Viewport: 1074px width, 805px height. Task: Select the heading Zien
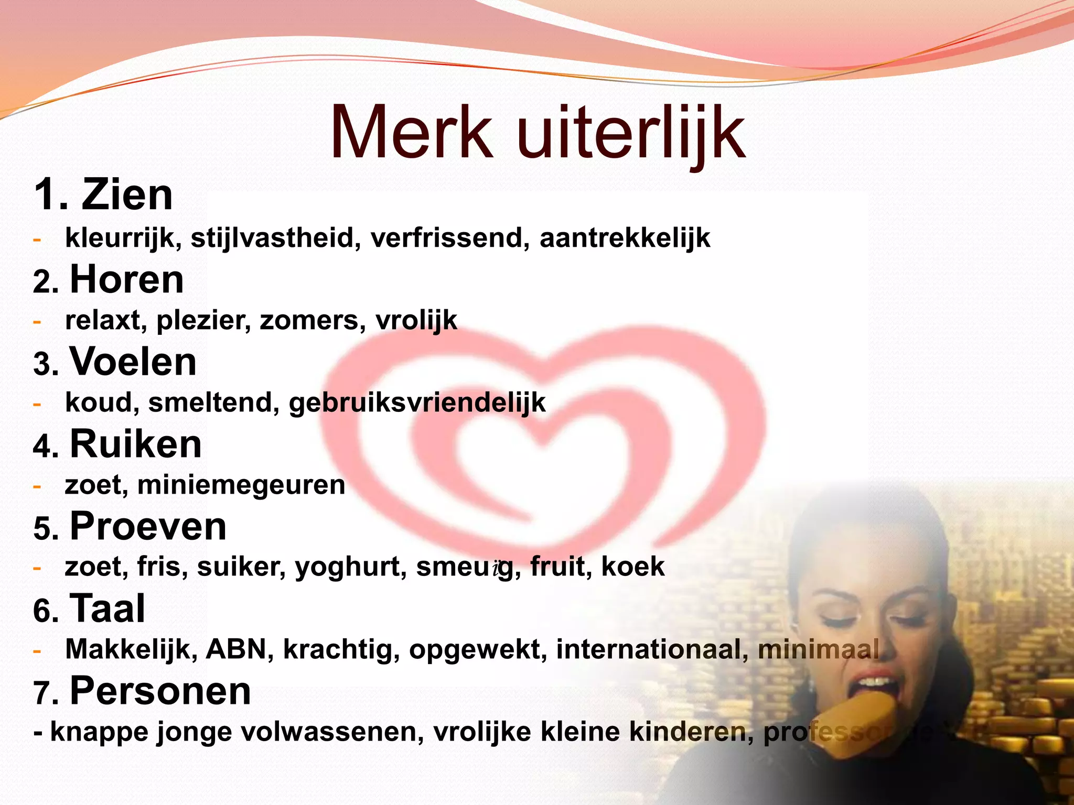(x=127, y=195)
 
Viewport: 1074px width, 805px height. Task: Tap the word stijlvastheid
(x=276, y=238)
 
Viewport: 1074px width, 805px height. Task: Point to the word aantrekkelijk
(x=625, y=238)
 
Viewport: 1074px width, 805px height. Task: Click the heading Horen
(x=126, y=279)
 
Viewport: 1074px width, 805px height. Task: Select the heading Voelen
(x=133, y=362)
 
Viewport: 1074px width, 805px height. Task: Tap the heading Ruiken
(x=135, y=444)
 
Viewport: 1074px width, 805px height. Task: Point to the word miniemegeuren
(x=241, y=485)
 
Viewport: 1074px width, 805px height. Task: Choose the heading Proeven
(x=148, y=526)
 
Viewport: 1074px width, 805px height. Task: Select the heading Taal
(x=107, y=608)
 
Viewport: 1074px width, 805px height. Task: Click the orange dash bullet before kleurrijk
(x=37, y=240)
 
